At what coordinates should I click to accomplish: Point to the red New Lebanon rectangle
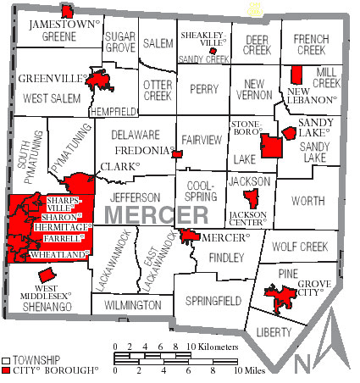pos(296,74)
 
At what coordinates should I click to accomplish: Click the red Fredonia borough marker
pos(177,154)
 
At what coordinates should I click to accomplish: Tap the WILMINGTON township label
pos(132,304)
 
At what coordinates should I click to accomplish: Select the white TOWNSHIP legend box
pos(8,361)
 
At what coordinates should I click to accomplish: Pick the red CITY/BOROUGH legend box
pos(8,371)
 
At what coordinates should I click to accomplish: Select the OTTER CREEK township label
pos(158,90)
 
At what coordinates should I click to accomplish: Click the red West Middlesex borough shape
pos(47,275)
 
